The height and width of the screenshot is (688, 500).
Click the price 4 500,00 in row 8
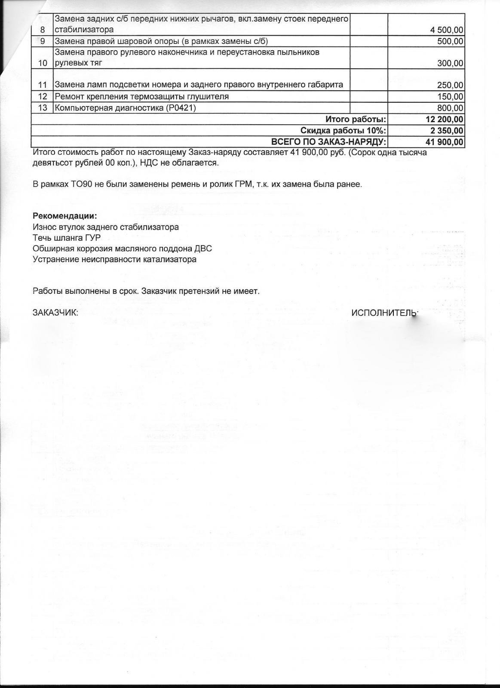click(x=447, y=30)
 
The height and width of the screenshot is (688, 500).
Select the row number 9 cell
click(x=42, y=41)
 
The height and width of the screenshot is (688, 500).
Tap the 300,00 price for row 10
click(x=451, y=64)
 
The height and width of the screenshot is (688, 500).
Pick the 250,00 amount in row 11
click(x=450, y=85)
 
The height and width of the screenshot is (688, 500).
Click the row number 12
click(x=42, y=97)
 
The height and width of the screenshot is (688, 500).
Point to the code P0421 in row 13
click(x=180, y=108)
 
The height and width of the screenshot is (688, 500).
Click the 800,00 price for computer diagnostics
click(x=450, y=108)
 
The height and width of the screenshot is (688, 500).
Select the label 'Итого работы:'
click(x=356, y=119)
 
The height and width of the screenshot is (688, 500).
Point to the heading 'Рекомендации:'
click(x=65, y=216)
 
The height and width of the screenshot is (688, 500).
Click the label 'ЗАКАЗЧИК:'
click(x=55, y=313)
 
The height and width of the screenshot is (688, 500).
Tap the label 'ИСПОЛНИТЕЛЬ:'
click(x=384, y=313)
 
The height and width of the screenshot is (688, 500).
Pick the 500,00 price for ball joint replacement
click(x=450, y=41)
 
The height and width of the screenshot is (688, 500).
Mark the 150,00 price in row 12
click(x=450, y=97)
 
